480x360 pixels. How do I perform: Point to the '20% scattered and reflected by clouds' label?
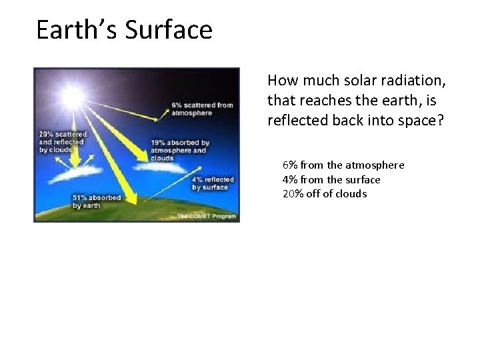pos(61,142)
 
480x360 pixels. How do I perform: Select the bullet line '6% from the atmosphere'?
pos(343,165)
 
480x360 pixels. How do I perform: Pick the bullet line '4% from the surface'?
pos(331,179)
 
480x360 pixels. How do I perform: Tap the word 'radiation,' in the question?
pos(413,81)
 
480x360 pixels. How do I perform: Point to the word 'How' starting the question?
pos(281,81)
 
